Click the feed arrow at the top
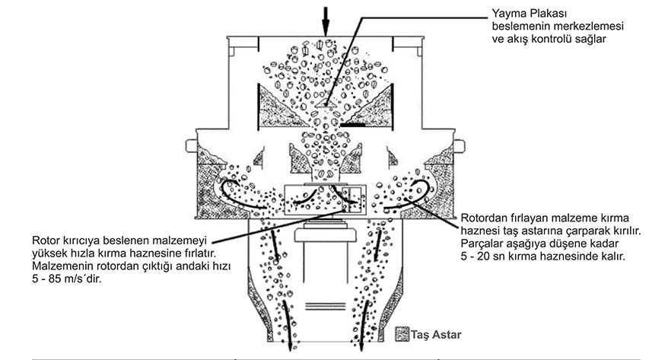(326, 21)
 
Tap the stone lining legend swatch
(402, 334)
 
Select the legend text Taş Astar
(436, 334)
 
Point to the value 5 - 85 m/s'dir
(67, 280)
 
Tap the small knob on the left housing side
(191, 145)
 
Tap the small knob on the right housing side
(460, 145)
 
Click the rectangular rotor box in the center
(325, 199)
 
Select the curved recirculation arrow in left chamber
(240, 195)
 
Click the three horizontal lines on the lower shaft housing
(326, 306)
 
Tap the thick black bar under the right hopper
(353, 126)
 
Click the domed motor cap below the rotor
(325, 233)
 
